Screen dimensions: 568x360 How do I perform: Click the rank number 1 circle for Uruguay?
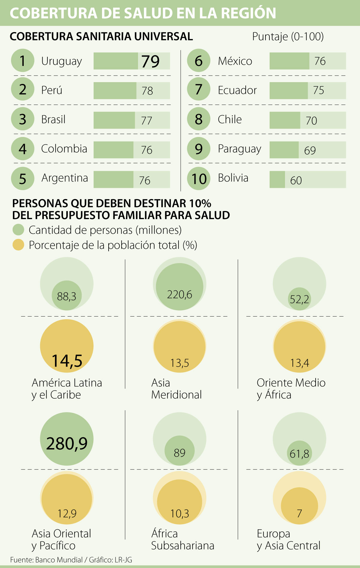22,61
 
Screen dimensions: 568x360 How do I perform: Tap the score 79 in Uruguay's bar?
151,61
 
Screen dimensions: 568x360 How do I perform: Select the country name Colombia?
64,149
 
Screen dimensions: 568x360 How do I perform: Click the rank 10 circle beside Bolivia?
199,179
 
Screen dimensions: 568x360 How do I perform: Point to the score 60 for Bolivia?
296,180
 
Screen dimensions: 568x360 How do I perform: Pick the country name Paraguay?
239,149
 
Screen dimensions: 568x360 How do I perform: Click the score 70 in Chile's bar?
311,120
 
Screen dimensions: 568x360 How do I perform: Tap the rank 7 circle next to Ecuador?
199,90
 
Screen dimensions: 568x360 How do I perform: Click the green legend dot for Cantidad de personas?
18,230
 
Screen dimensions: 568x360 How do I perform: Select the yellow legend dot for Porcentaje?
18,245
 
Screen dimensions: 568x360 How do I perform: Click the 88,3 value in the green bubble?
67,296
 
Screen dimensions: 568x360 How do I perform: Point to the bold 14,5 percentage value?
67,360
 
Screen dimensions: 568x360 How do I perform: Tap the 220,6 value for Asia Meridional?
179,295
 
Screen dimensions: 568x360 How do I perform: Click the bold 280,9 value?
67,443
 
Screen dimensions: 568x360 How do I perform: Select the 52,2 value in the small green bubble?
299,299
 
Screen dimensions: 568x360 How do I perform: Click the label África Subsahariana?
182,540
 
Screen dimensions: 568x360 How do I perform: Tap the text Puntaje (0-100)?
288,37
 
